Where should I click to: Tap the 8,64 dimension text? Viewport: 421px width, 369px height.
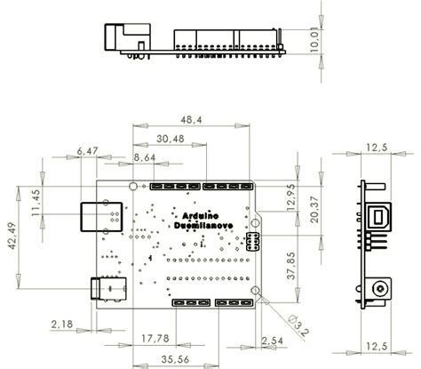(144, 157)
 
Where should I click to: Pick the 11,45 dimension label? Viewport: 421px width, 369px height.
(36, 204)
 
